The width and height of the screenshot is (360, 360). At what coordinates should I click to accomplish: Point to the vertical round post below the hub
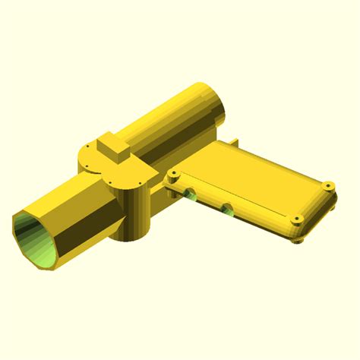pos(137,213)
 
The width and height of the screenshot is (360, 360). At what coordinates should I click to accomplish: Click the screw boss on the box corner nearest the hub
pos(174,175)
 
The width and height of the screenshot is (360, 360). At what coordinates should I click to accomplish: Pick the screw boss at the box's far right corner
pos(328,186)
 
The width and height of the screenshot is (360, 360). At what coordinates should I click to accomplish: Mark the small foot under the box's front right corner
pos(298,240)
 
